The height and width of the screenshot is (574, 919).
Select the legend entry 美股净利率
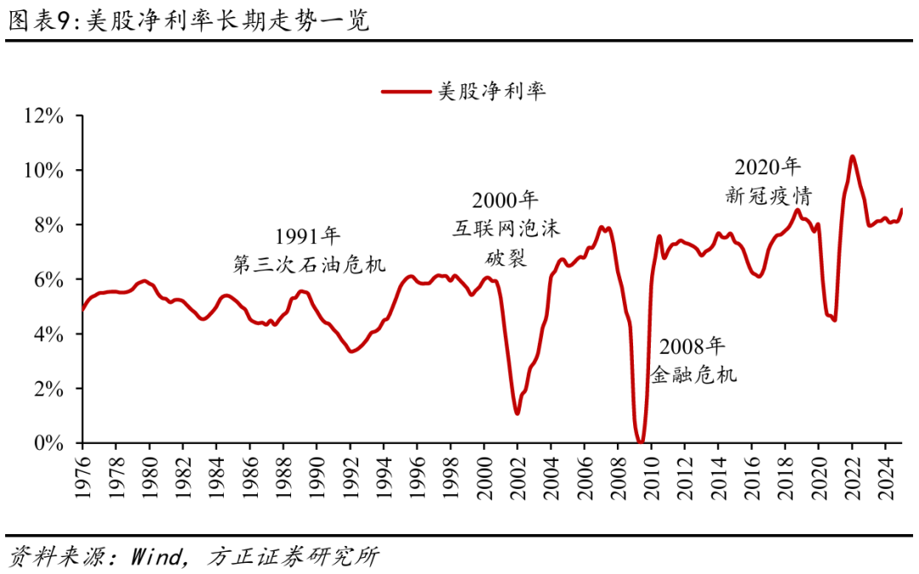tap(491, 91)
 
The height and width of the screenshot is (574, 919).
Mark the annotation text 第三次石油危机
tap(309, 264)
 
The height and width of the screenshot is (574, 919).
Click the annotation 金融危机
tap(694, 374)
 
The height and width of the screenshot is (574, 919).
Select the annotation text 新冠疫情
tap(768, 196)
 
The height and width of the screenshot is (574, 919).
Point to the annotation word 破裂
tap(506, 258)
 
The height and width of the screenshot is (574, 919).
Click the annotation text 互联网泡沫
tap(506, 230)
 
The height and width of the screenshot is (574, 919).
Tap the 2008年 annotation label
tap(694, 346)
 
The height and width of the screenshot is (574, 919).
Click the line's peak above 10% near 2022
tap(853, 156)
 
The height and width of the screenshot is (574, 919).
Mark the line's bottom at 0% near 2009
tap(641, 441)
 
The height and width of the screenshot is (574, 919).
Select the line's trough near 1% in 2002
tap(517, 413)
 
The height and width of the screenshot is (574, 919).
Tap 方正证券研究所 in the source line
tap(294, 557)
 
